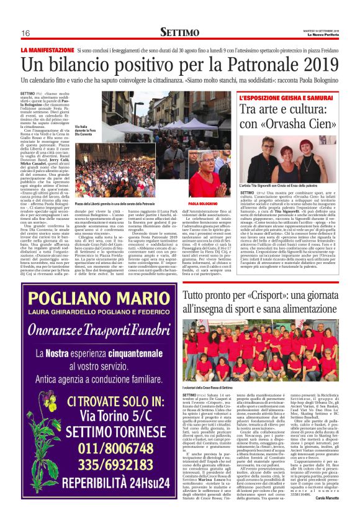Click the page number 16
(25, 33)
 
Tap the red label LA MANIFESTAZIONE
(46, 49)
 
